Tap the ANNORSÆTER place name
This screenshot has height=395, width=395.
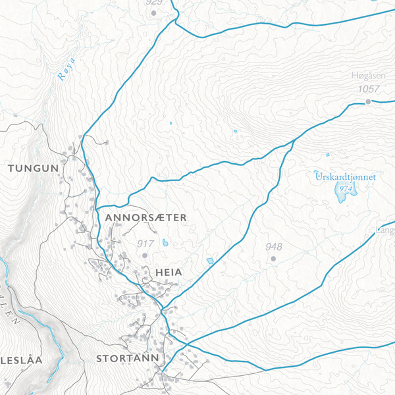pyautogui.click(x=142, y=217)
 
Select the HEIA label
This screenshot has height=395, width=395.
pyautogui.click(x=169, y=271)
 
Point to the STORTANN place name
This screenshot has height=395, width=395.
pyautogui.click(x=128, y=359)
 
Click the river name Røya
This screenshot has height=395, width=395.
pyautogui.click(x=66, y=70)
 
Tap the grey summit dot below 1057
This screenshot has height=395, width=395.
pyautogui.click(x=369, y=101)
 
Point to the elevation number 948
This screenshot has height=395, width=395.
pyautogui.click(x=273, y=247)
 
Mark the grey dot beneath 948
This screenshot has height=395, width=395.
pyautogui.click(x=273, y=259)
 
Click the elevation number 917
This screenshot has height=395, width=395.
pyautogui.click(x=145, y=244)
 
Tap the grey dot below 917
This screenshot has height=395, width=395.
pyautogui.click(x=144, y=255)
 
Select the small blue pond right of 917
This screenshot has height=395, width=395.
pyautogui.click(x=165, y=242)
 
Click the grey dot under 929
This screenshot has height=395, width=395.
pyautogui.click(x=153, y=13)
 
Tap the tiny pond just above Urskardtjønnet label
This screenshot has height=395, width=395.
pyautogui.click(x=327, y=155)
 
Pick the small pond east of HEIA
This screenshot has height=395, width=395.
pyautogui.click(x=210, y=261)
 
